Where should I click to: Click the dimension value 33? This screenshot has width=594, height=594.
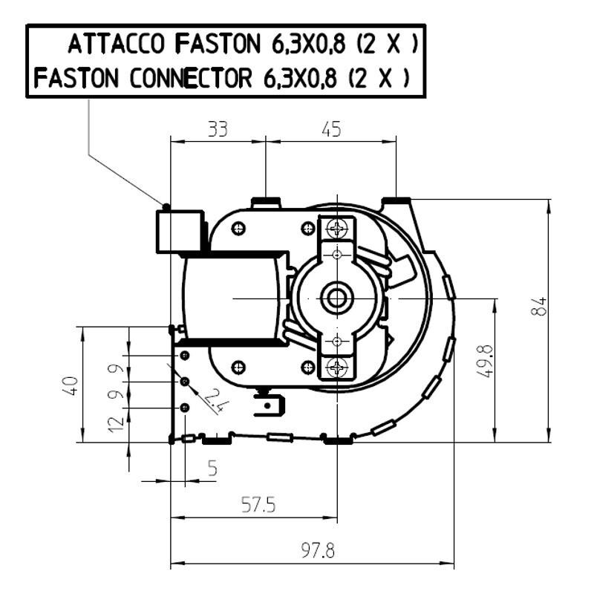tap(218, 129)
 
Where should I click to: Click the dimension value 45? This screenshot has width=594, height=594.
tap(331, 129)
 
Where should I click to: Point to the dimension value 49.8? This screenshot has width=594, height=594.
tap(486, 361)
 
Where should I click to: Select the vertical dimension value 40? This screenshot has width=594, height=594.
tap(71, 385)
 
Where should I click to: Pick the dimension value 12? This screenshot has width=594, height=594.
tap(117, 425)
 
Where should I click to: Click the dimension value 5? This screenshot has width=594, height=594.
tap(213, 469)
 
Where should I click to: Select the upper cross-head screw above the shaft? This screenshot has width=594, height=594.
tap(338, 229)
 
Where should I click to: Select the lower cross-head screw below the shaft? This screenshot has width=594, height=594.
tap(338, 366)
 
